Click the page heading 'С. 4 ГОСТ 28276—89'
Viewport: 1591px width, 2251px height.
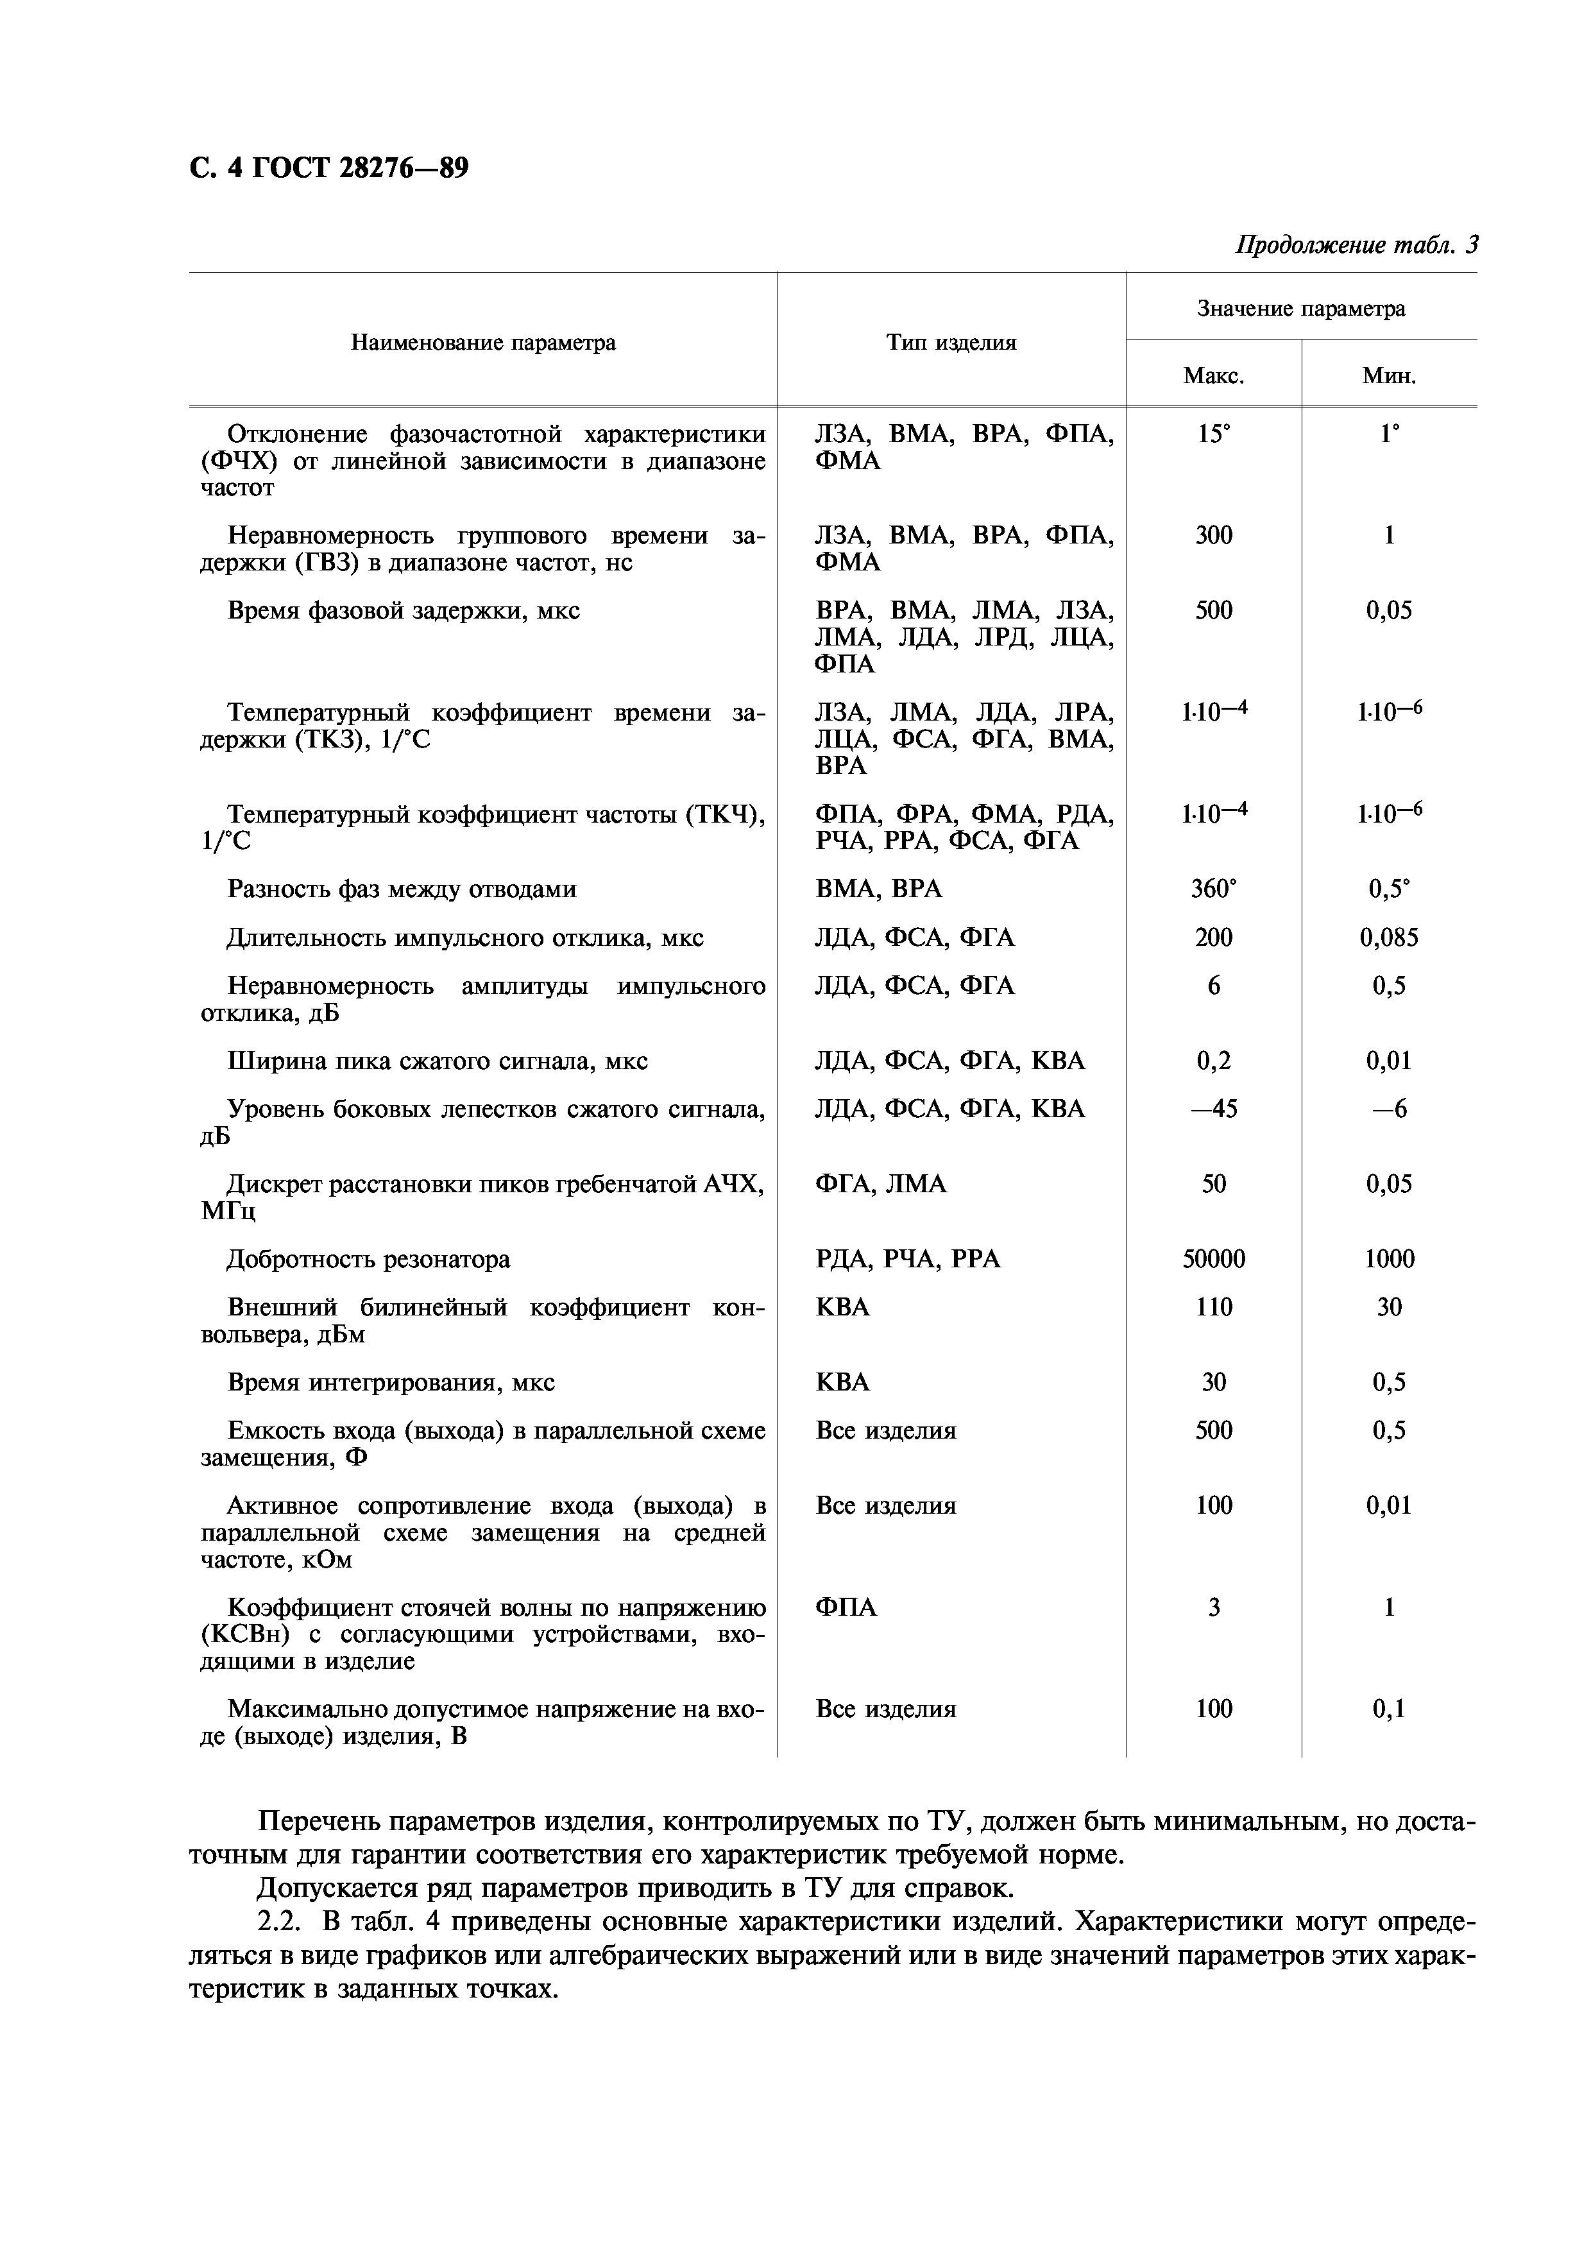328,169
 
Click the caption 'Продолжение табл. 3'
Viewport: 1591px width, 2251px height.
1355,244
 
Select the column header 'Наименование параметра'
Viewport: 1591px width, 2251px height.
483,342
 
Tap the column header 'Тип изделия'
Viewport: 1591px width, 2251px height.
951,342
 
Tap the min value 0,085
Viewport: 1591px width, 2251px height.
1388,938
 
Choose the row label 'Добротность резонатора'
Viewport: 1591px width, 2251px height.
369,1259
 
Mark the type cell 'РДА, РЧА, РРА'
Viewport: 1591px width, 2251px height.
908,1259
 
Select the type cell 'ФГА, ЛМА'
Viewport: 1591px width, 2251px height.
880,1185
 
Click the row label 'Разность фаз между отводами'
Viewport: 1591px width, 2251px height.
402,889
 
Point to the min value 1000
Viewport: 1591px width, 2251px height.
1388,1259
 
